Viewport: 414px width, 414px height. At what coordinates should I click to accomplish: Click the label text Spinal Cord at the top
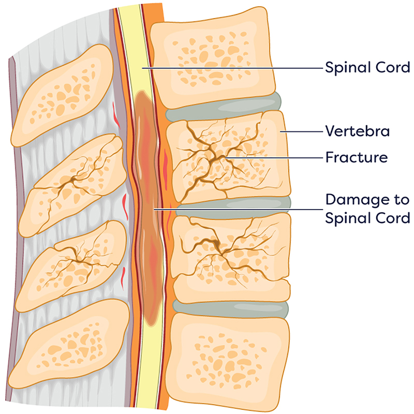(x=367, y=67)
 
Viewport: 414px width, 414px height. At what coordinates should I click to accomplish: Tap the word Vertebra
(x=357, y=131)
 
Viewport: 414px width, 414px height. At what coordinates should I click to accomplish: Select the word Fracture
(x=356, y=156)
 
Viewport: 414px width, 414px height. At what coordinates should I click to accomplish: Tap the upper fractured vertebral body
(x=228, y=155)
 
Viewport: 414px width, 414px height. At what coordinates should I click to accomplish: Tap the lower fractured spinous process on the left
(x=72, y=264)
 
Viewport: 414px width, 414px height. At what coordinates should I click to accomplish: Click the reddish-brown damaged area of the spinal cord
(x=150, y=207)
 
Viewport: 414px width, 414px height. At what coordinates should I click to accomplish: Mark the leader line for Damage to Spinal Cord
(x=238, y=209)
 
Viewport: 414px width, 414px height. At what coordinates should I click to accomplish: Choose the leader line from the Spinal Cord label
(x=233, y=68)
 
